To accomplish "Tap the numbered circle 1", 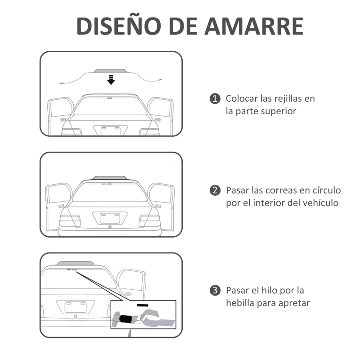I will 216,99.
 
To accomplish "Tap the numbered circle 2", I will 216,190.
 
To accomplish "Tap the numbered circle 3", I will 216,290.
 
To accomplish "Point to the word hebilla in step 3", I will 241,303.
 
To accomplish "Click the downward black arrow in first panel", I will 111,80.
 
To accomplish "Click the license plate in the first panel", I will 111,130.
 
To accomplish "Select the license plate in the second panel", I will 110,218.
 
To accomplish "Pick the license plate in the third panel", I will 75,306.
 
